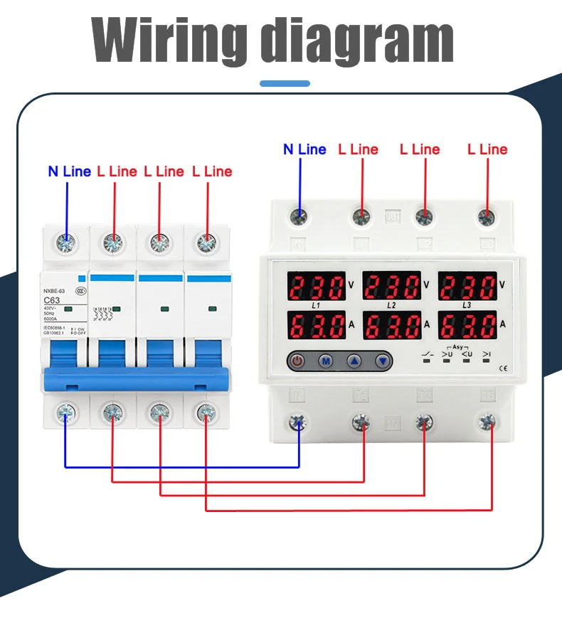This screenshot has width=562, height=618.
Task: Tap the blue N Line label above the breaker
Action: pyautogui.click(x=69, y=171)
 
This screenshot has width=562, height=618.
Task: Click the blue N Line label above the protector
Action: pyautogui.click(x=304, y=149)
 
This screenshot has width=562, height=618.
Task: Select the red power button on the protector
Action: pyautogui.click(x=297, y=361)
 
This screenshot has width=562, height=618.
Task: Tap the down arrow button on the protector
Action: pyautogui.click(x=383, y=361)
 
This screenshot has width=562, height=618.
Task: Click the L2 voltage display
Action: pyautogui.click(x=392, y=287)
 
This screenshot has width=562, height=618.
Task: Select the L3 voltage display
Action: pyautogui.click(x=467, y=287)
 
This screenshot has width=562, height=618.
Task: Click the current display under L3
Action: pyautogui.click(x=467, y=326)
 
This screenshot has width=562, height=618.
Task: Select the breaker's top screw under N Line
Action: pyautogui.click(x=67, y=243)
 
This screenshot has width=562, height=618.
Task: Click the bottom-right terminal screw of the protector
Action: pyautogui.click(x=487, y=422)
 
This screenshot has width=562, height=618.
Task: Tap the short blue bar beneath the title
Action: pyautogui.click(x=285, y=83)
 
